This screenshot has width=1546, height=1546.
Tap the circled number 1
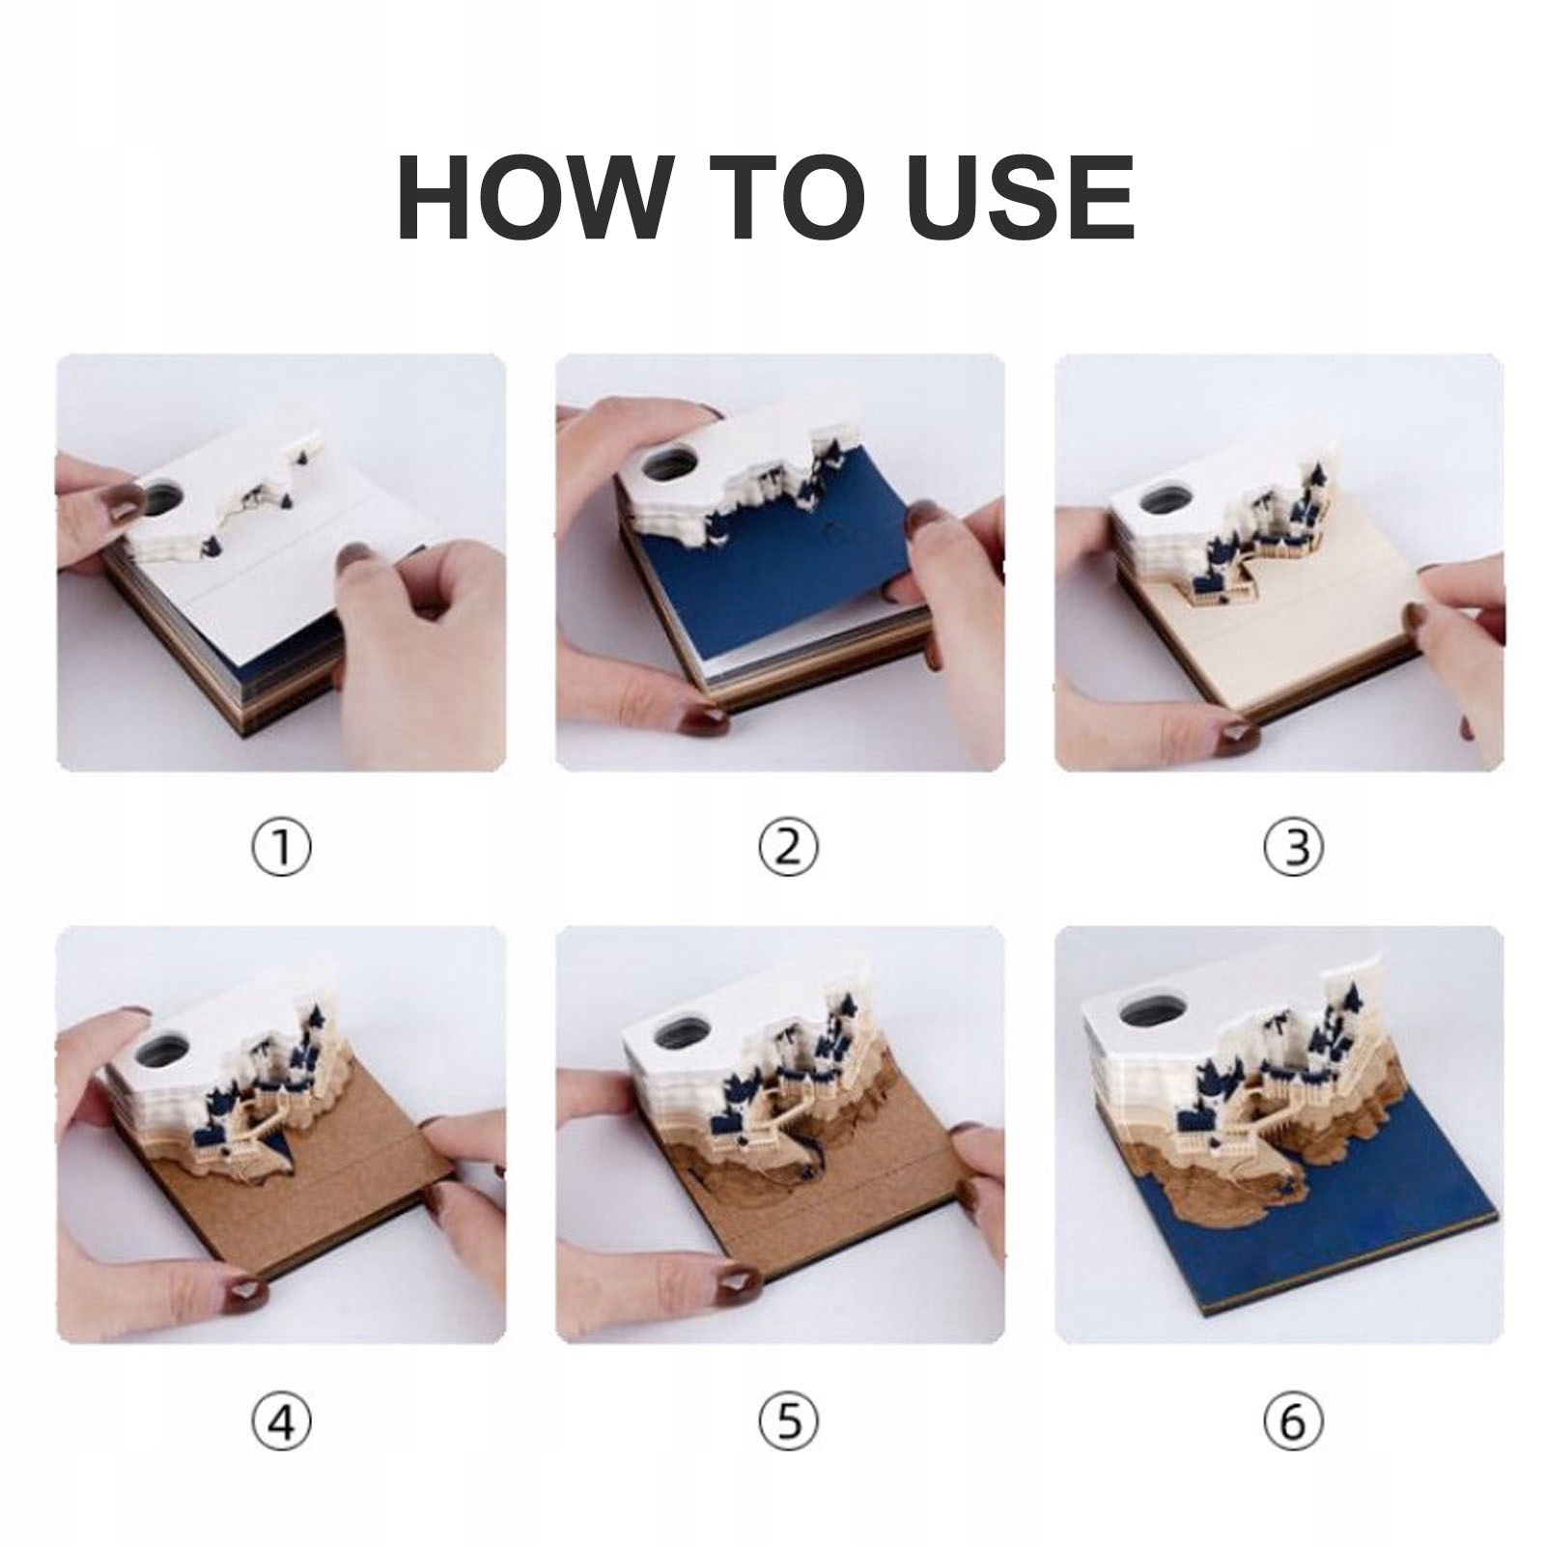(x=281, y=848)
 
